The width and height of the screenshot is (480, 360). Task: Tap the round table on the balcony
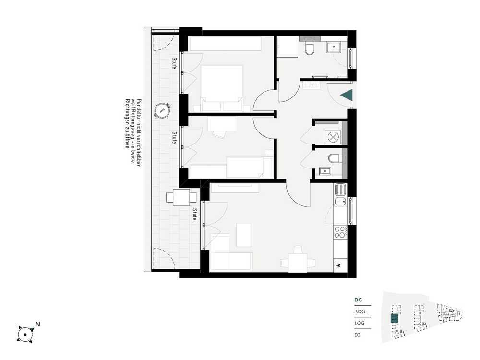[x=162, y=110]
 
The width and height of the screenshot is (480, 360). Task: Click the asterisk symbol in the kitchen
[x=338, y=265]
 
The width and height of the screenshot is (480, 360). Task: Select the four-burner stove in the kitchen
[x=340, y=232]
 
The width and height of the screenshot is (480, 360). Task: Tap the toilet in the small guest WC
[x=335, y=158]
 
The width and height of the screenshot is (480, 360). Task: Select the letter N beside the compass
[x=37, y=324]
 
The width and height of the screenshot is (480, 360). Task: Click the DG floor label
[x=358, y=300]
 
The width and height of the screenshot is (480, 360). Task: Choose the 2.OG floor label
[x=360, y=312]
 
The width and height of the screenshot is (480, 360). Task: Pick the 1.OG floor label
[x=360, y=323]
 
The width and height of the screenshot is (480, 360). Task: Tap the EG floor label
[x=357, y=335]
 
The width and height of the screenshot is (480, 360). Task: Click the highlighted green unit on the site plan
[x=395, y=319]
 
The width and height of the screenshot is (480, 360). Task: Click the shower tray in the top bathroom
[x=334, y=47]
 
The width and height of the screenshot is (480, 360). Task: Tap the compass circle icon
[x=24, y=334]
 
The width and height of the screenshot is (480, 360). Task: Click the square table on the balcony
[x=181, y=197]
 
